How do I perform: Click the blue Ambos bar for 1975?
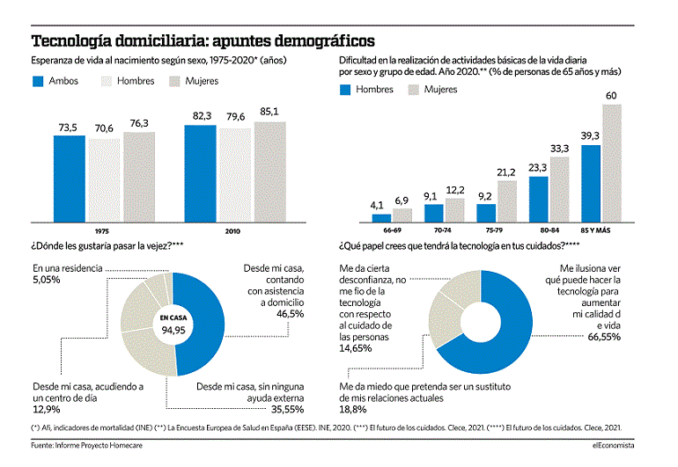pyautogui.click(x=70, y=179)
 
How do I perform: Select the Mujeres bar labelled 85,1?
pyautogui.click(x=269, y=172)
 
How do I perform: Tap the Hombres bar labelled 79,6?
pyautogui.click(x=235, y=175)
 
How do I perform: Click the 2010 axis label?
pyautogui.click(x=232, y=231)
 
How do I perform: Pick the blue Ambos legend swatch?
pyautogui.click(x=38, y=81)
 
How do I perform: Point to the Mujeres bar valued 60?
pyautogui.click(x=612, y=164)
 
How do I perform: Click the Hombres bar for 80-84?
pyautogui.click(x=538, y=199)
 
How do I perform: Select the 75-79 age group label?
pyautogui.click(x=494, y=230)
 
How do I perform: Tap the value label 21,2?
pyautogui.click(x=506, y=172)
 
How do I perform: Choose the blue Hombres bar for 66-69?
pyautogui.click(x=381, y=218)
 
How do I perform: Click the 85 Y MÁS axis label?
pyautogui.click(x=595, y=230)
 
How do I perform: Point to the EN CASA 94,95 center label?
pyautogui.click(x=173, y=324)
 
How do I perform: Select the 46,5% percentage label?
pyautogui.click(x=291, y=314)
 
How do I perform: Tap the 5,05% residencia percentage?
pyautogui.click(x=47, y=280)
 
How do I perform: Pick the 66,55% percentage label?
pyautogui.click(x=604, y=337)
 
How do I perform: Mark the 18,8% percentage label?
pyautogui.click(x=353, y=409)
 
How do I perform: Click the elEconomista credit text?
pyautogui.click(x=613, y=445)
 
